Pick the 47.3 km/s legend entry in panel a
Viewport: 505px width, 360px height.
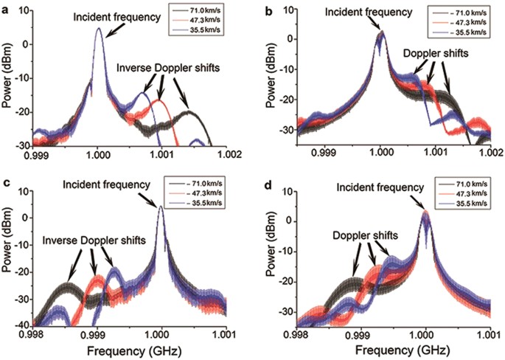click(215, 22)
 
